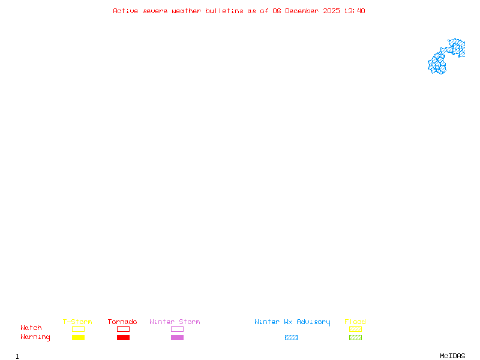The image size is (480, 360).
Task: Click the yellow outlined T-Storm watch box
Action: pos(78,329)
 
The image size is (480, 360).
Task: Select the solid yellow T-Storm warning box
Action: pos(78,337)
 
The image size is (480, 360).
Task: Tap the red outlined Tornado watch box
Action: pos(123,329)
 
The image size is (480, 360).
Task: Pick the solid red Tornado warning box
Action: pos(123,337)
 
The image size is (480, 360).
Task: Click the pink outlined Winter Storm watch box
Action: pos(177,329)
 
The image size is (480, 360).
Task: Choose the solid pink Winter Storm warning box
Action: pos(177,337)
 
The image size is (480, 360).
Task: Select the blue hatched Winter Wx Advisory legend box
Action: pos(291,337)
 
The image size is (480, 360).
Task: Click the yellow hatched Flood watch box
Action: pos(355,329)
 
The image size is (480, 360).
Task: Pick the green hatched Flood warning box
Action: pos(355,337)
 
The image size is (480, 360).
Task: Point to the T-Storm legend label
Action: pos(77,322)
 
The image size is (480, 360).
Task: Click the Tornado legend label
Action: pos(122,322)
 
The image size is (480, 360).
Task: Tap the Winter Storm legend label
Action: pos(175,322)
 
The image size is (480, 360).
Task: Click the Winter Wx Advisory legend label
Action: pos(292,322)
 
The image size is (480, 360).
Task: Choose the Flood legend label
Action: pos(355,322)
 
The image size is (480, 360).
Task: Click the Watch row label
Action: pos(31,328)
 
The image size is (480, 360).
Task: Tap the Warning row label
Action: pos(35,337)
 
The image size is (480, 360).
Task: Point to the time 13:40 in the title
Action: pos(356,11)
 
